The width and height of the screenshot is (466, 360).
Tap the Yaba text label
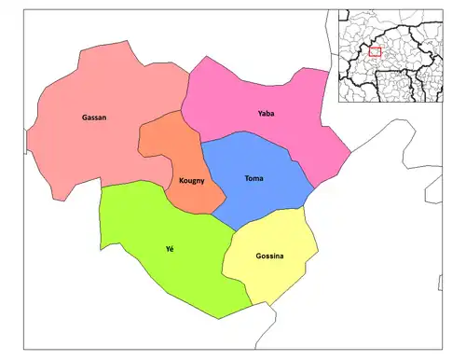267,114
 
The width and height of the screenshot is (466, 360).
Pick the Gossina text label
269,256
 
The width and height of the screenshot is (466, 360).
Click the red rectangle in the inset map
375,51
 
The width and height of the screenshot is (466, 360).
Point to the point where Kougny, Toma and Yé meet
212,212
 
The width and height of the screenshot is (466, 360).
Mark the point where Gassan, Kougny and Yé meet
163,182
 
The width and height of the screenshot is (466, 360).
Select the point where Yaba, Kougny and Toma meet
200,143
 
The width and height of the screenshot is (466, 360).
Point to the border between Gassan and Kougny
141,140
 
